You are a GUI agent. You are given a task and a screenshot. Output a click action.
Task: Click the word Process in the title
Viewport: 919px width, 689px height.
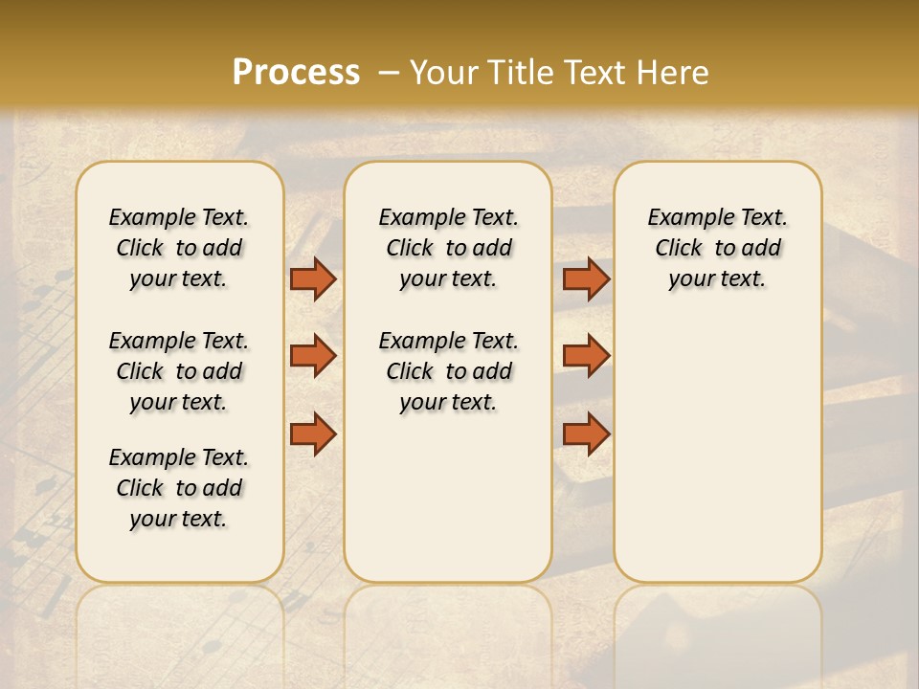pyautogui.click(x=296, y=73)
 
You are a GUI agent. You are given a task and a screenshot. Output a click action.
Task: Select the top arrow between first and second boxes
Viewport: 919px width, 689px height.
pyautogui.click(x=313, y=278)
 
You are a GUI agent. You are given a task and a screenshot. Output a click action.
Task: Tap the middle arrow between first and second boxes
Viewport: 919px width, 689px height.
pyautogui.click(x=313, y=356)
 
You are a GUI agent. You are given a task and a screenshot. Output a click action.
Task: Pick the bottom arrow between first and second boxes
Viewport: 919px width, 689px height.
pyautogui.click(x=313, y=434)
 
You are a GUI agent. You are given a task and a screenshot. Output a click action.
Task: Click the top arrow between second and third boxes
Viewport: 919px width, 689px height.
pyautogui.click(x=586, y=278)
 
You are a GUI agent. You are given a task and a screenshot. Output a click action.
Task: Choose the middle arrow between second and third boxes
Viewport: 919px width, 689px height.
pyautogui.click(x=586, y=356)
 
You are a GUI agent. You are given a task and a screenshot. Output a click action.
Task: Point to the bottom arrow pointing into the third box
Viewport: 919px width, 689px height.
pyautogui.click(x=586, y=434)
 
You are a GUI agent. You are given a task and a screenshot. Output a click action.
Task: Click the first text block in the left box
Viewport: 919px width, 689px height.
pyautogui.click(x=179, y=248)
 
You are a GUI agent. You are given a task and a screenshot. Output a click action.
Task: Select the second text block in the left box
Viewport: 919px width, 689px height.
pyautogui.click(x=179, y=371)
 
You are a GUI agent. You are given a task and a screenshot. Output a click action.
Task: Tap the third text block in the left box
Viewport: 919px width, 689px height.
pyautogui.click(x=179, y=488)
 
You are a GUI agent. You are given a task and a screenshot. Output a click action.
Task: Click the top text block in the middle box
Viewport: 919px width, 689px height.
pyautogui.click(x=448, y=248)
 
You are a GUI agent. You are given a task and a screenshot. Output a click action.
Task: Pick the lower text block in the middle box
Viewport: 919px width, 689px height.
pyautogui.click(x=448, y=371)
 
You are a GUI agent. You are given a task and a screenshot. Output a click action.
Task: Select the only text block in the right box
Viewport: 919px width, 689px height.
pyautogui.click(x=717, y=248)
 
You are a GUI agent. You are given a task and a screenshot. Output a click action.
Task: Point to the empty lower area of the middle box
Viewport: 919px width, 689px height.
pyautogui.click(x=448, y=498)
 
